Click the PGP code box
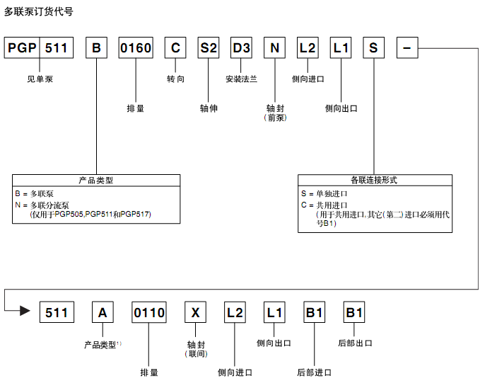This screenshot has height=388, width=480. pyautogui.click(x=22, y=48)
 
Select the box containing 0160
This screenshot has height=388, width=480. pyautogui.click(x=136, y=48)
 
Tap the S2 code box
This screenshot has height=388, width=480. pyautogui.click(x=209, y=48)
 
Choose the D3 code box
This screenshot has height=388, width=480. pyautogui.click(x=242, y=48)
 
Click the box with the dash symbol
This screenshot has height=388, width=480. pyautogui.click(x=406, y=48)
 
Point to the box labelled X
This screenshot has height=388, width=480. pyautogui.click(x=197, y=312)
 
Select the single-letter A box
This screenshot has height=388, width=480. pyautogui.click(x=103, y=312)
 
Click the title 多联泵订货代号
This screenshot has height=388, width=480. pyautogui.click(x=38, y=11)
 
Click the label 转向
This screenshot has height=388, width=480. pyautogui.click(x=176, y=79)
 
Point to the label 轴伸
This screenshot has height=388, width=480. pyautogui.click(x=209, y=108)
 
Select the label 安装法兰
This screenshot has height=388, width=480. pyautogui.click(x=242, y=79)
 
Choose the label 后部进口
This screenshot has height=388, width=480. pyautogui.click(x=314, y=372)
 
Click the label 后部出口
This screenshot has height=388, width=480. pyautogui.click(x=355, y=343)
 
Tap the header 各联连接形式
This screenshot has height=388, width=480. pyautogui.click(x=374, y=180)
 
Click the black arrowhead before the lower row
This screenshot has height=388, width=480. pyautogui.click(x=24, y=311)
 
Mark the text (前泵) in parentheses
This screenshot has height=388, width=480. pyautogui.click(x=275, y=118)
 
